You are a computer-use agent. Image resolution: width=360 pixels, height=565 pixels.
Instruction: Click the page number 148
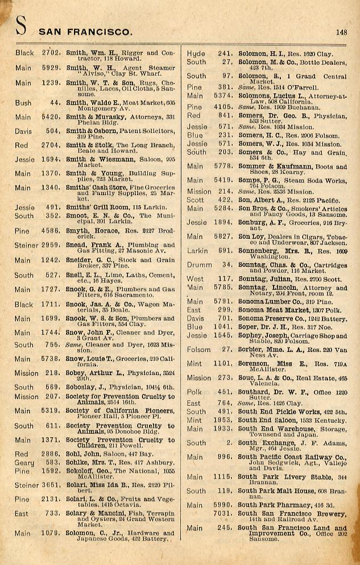pyautogui.click(x=341, y=32)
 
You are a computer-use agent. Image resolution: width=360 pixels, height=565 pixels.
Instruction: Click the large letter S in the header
pyautogui.click(x=22, y=27)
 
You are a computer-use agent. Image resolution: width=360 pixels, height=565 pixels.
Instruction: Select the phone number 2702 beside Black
pyautogui.click(x=51, y=53)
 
